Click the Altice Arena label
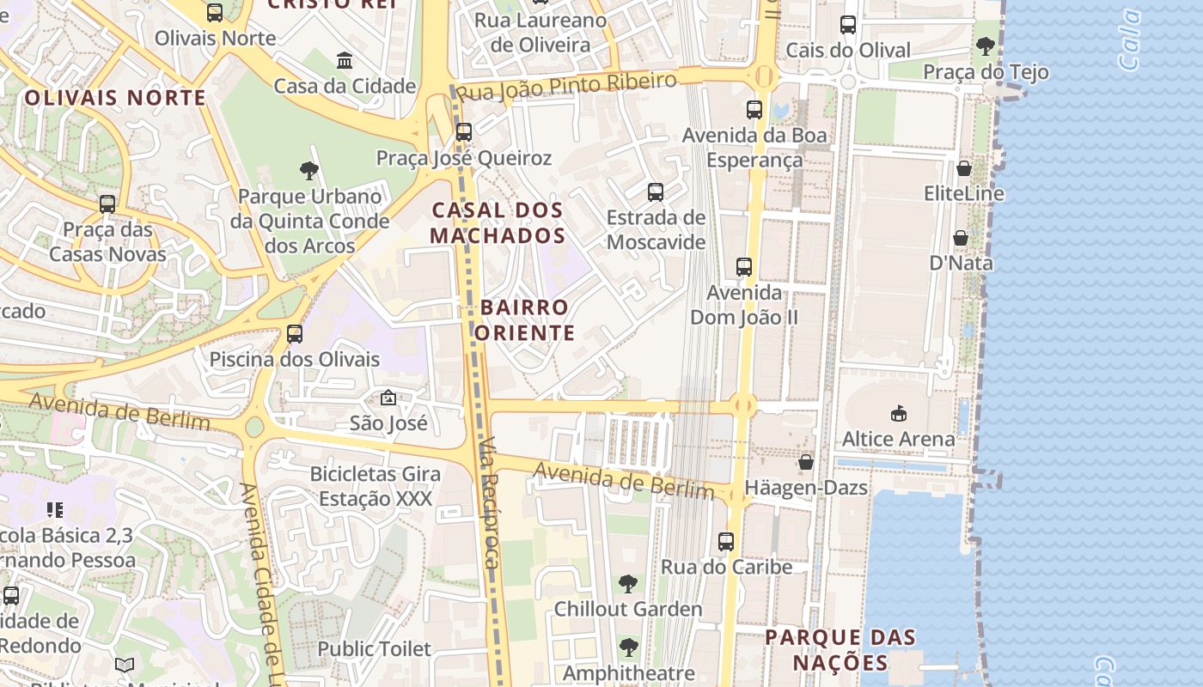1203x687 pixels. [x=898, y=439]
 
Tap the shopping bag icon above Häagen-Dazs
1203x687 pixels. [x=806, y=463]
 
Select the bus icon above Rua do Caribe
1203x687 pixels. [x=726, y=542]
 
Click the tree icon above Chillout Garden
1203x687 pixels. [x=628, y=584]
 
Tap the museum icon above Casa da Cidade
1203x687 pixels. [x=345, y=61]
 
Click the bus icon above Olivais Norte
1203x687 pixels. [x=215, y=13]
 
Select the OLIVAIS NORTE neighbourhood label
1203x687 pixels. [x=115, y=98]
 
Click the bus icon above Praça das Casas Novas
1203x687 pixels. [x=107, y=204]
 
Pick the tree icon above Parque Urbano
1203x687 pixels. [x=309, y=171]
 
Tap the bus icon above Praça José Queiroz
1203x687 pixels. [x=464, y=132]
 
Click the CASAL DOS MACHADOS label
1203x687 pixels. [x=498, y=222]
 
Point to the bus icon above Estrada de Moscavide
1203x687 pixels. [x=656, y=192]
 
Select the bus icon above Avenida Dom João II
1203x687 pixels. [x=744, y=267]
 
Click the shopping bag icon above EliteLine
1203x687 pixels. [x=964, y=168]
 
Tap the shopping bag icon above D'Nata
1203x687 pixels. [x=961, y=238]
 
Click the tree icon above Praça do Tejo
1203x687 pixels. [x=986, y=46]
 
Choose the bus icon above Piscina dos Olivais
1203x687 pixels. [x=295, y=334]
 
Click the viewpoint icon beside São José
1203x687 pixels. [x=388, y=398]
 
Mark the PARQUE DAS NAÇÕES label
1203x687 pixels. [x=840, y=650]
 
